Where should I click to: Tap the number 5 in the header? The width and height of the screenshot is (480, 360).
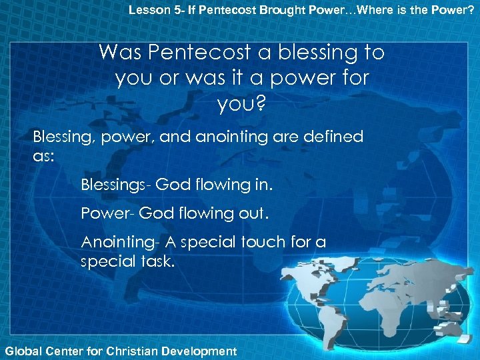[x=169, y=9]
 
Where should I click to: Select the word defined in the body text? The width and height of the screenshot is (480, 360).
[x=331, y=137]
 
